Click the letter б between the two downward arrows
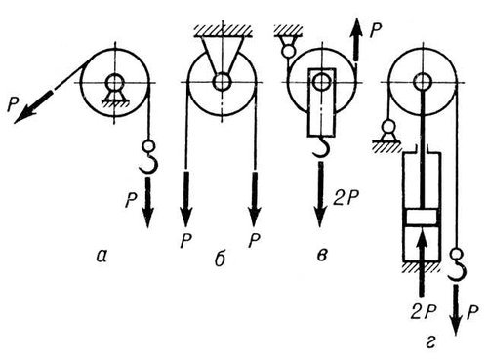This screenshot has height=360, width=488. pyautogui.click(x=220, y=260)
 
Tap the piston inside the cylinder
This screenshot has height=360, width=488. pyautogui.click(x=423, y=217)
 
